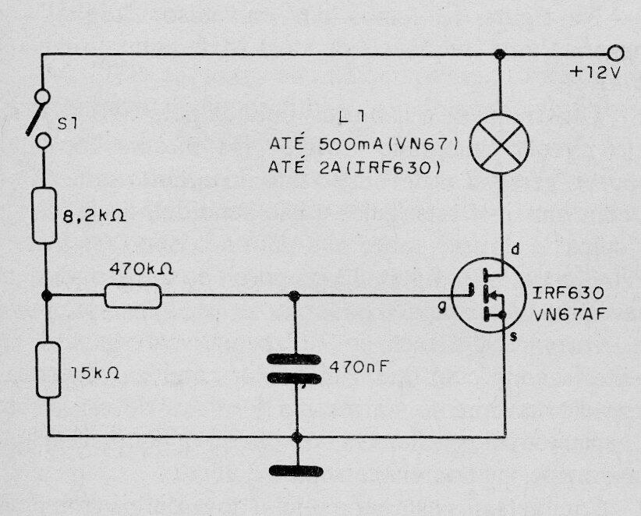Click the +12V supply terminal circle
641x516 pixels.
click(x=615, y=54)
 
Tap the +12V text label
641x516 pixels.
click(x=596, y=72)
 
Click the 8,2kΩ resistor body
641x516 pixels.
click(x=44, y=216)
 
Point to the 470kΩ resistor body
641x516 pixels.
click(x=133, y=295)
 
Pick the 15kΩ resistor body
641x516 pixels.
click(x=48, y=370)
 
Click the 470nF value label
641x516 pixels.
click(x=359, y=367)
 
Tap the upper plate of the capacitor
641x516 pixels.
click(x=293, y=359)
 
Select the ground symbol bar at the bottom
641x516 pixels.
click(x=296, y=471)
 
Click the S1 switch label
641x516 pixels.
click(x=67, y=124)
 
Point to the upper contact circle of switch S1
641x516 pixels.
click(x=43, y=97)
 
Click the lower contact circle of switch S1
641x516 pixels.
click(x=44, y=141)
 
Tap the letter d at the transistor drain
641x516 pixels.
click(x=515, y=249)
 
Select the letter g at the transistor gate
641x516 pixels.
click(x=441, y=309)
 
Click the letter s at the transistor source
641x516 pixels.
click(x=514, y=336)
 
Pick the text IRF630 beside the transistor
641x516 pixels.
click(x=568, y=293)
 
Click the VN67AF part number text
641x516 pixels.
click(x=569, y=314)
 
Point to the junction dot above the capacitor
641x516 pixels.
click(x=294, y=295)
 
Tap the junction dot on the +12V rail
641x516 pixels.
click(x=499, y=54)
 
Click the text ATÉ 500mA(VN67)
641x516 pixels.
click(x=364, y=144)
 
